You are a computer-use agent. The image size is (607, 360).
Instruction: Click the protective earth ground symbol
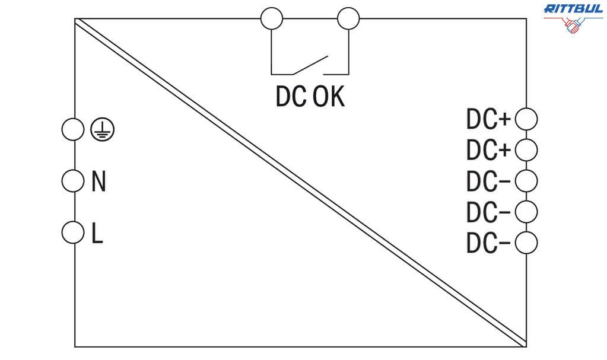103,130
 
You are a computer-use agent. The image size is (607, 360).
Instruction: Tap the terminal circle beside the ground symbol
73,129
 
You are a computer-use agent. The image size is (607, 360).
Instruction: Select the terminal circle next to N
73,181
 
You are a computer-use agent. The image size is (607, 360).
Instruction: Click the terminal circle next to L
73,232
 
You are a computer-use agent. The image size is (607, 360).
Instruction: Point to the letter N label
98,181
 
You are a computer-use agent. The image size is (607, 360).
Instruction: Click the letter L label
97,233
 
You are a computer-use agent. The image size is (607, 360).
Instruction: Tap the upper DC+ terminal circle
526,119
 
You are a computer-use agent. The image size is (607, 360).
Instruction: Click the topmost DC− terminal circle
526,180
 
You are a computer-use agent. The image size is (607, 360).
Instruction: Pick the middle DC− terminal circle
526,211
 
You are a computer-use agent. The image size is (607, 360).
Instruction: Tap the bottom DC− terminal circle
526,243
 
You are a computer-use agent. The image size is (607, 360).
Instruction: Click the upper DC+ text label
488,120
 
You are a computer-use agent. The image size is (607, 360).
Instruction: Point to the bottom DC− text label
488,243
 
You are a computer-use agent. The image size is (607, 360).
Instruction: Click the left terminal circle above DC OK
272,18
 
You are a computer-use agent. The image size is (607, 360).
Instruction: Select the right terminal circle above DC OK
348,18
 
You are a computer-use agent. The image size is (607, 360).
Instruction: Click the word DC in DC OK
291,97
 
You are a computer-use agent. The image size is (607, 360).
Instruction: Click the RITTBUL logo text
573,8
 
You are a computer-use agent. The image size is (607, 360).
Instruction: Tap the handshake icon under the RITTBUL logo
573,26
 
